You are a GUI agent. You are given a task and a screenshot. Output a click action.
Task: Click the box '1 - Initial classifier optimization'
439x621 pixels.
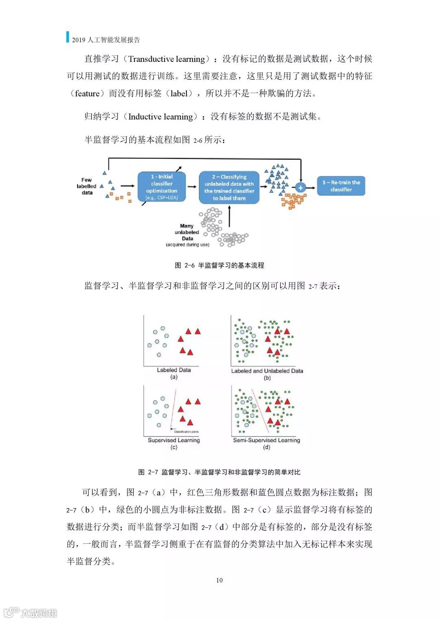coord(162,187)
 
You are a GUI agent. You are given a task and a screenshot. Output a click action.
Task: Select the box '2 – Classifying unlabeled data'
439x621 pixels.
coord(229,187)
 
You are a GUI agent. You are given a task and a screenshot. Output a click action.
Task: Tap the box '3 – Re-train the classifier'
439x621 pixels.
coord(341,186)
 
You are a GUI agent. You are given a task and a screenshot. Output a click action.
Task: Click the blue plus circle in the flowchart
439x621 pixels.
coord(300,187)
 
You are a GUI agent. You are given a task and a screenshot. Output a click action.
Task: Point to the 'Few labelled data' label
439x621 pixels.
coord(87,186)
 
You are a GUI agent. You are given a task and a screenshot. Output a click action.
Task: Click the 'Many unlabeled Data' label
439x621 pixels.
coord(187,233)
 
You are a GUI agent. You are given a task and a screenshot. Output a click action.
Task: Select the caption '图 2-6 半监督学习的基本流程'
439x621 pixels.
coord(219,265)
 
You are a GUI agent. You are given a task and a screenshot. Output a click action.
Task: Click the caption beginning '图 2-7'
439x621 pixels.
coord(219,472)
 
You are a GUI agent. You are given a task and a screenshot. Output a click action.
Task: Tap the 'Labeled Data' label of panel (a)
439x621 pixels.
coord(174,370)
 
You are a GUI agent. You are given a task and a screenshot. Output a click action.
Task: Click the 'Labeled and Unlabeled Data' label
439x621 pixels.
coord(267,371)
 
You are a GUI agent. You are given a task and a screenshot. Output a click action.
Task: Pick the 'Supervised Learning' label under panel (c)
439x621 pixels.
coord(174,440)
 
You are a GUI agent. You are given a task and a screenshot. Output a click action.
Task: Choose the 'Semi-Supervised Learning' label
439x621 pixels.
coord(266,440)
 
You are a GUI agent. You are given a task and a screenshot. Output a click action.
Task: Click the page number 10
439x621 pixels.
coord(219,580)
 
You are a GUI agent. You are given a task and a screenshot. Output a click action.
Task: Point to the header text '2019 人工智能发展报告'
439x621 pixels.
coord(106,40)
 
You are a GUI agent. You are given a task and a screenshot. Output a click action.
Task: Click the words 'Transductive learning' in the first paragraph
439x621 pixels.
coord(167,59)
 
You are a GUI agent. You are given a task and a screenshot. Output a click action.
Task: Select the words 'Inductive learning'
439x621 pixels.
coord(161,117)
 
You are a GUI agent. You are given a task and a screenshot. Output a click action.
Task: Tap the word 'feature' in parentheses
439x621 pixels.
coord(87,94)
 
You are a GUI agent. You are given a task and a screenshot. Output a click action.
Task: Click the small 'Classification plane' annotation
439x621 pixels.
coord(186,431)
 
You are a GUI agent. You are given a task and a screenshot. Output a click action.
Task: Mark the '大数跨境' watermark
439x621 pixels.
coord(39,612)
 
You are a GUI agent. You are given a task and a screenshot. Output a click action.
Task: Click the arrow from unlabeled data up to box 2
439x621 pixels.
coord(230,216)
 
